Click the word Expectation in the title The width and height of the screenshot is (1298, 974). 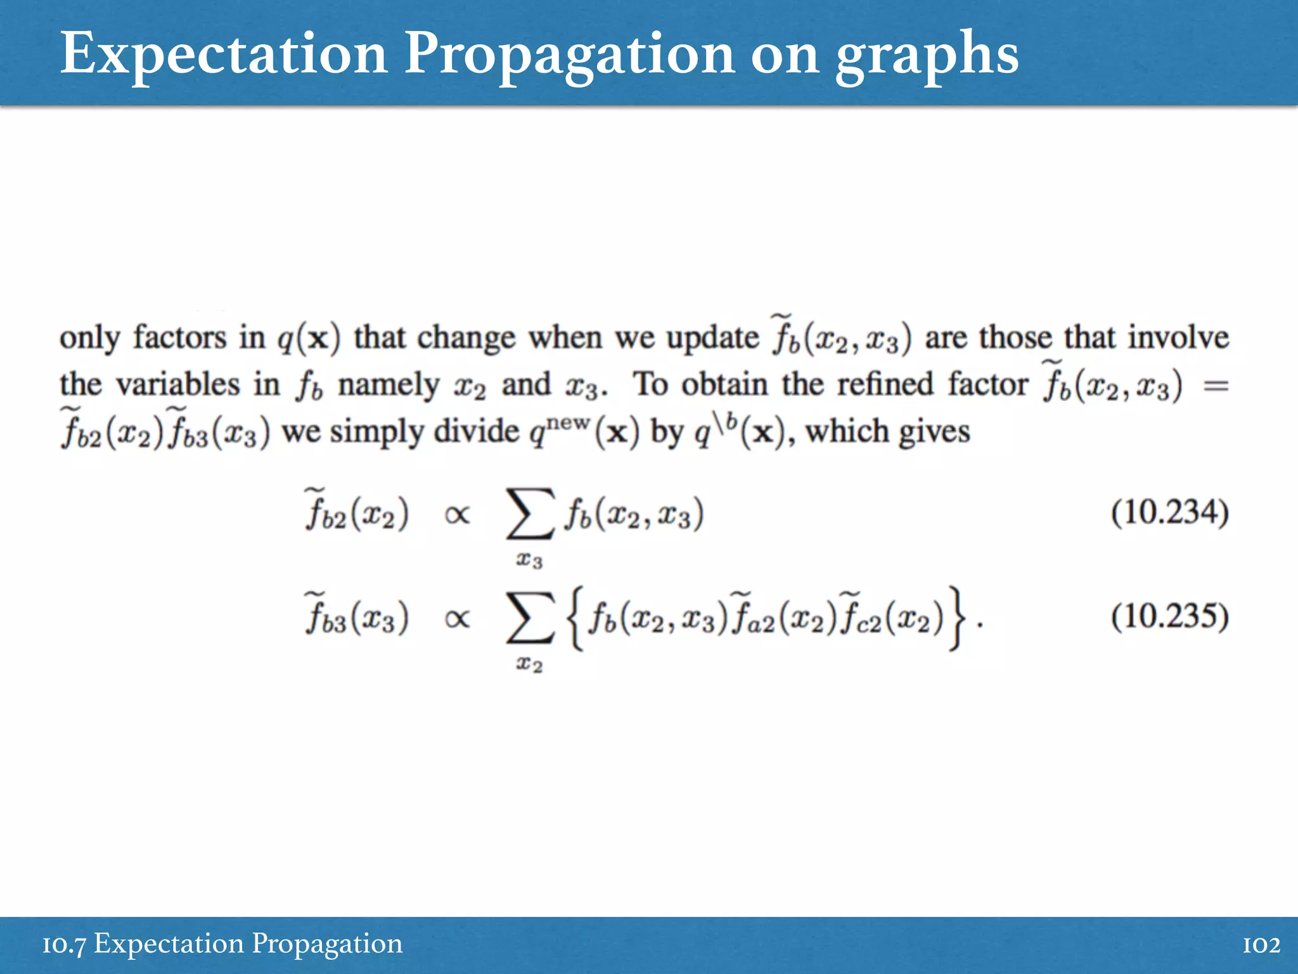(x=224, y=54)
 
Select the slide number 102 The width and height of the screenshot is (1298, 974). (x=1261, y=945)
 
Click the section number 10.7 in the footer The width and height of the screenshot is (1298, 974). (x=64, y=945)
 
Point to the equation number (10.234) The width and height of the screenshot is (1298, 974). (x=1169, y=512)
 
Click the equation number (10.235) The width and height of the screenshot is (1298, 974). (x=1169, y=616)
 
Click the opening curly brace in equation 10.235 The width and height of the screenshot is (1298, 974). (x=575, y=618)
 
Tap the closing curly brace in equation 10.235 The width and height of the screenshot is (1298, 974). (x=958, y=618)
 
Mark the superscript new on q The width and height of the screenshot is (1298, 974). (x=569, y=421)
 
